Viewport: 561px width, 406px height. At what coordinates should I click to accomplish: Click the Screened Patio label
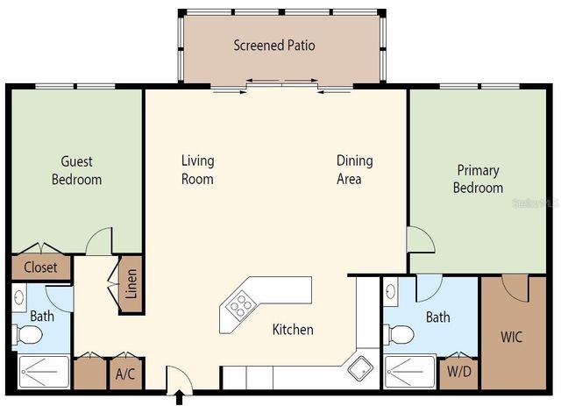273,45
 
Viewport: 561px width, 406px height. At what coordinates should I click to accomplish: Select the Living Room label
197,169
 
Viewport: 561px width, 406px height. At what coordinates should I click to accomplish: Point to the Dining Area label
354,169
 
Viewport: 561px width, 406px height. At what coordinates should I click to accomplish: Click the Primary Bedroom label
478,179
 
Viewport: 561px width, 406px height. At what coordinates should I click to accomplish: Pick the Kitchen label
293,330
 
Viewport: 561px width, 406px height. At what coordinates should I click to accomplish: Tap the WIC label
511,337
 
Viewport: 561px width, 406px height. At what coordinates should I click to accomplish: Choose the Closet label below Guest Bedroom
40,267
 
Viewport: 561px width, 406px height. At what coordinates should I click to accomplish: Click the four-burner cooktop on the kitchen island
239,305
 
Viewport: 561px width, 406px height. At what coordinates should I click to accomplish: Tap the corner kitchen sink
359,368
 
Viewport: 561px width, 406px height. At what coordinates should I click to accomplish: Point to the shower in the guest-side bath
39,373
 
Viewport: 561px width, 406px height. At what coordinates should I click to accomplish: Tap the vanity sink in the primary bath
390,289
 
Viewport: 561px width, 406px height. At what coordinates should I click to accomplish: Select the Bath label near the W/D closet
437,317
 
